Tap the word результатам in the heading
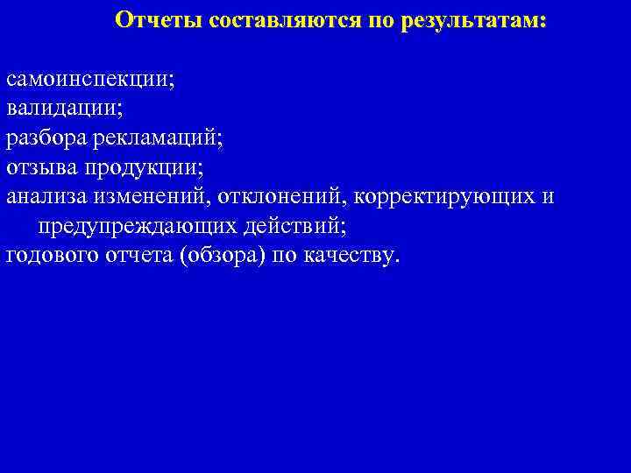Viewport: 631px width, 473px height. (469, 20)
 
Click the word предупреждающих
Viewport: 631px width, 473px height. (138, 226)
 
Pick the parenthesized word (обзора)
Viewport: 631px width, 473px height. (221, 255)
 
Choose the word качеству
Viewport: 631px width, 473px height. (353, 255)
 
